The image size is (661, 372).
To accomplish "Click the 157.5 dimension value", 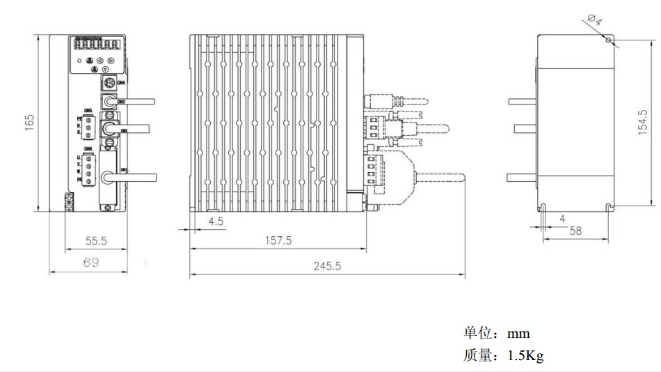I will click(279, 240).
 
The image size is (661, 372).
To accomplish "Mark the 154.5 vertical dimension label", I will click(643, 123).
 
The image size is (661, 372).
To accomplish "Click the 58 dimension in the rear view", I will click(575, 231).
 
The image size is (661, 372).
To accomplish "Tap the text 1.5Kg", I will click(525, 356).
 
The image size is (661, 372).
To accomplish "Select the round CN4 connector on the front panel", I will click(108, 84).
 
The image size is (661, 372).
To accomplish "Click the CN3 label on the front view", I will click(122, 102).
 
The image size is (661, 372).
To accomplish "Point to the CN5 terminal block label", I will click(87, 111).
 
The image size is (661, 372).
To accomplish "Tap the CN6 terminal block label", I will click(87, 149).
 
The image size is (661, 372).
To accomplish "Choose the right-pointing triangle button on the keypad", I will click(111, 61).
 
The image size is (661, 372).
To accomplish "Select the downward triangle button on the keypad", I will click(105, 70).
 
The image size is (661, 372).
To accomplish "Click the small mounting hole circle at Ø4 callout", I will click(608, 40).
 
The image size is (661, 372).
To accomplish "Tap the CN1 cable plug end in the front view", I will click(106, 178).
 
